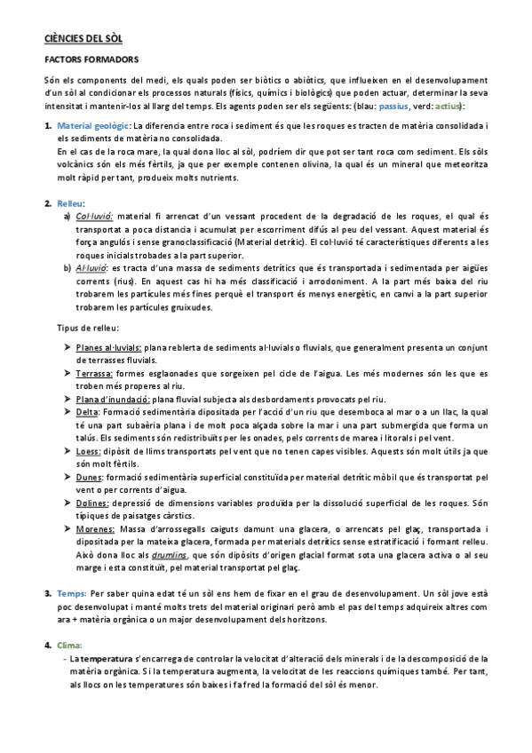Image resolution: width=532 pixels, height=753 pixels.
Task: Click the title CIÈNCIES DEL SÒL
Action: click(x=83, y=39)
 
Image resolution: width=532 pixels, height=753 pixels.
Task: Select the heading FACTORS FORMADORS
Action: click(x=91, y=60)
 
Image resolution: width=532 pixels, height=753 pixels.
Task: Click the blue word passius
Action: click(x=393, y=107)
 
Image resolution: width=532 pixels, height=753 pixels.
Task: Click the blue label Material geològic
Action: click(x=92, y=127)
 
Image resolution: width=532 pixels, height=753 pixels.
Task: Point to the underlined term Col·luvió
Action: click(x=94, y=216)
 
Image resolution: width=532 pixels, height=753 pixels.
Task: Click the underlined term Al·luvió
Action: click(x=92, y=267)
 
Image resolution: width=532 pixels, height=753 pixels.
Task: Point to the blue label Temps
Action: click(x=71, y=593)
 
